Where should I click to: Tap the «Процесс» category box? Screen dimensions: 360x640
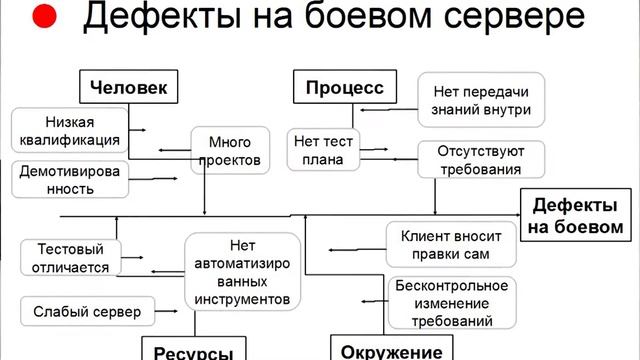pyautogui.click(x=343, y=87)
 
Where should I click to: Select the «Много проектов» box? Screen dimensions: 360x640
pyautogui.click(x=232, y=150)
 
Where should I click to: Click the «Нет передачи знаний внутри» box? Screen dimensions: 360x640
pyautogui.click(x=481, y=99)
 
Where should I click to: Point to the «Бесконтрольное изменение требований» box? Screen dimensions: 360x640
pyautogui.click(x=451, y=303)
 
